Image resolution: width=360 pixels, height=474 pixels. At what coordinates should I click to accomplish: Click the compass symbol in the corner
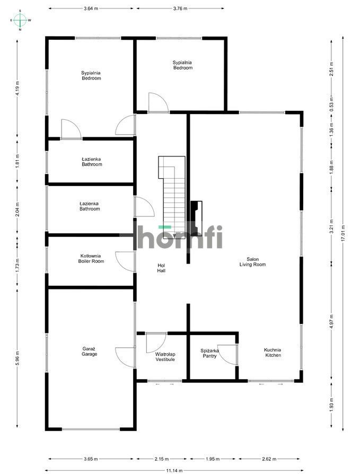(x=20, y=20)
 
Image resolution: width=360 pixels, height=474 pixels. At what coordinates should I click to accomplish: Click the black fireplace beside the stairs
(x=196, y=218)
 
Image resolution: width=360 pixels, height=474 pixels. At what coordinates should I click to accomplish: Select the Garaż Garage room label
(x=89, y=351)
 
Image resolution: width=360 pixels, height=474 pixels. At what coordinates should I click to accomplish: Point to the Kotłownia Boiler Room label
(x=91, y=258)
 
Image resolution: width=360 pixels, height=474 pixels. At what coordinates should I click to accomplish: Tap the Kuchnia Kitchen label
(x=273, y=352)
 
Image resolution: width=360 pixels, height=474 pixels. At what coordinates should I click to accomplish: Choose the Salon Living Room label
(x=252, y=261)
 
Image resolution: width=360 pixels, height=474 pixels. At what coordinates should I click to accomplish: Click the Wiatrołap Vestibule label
(x=165, y=356)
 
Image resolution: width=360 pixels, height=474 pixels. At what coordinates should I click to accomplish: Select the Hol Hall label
(x=161, y=268)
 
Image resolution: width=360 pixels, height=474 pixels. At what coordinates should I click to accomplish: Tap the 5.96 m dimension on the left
(x=17, y=359)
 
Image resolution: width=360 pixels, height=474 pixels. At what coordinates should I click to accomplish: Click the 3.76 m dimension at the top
(x=180, y=8)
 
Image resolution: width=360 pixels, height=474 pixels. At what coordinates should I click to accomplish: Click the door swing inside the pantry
(x=227, y=354)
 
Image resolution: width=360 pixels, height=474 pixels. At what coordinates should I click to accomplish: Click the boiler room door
(x=126, y=261)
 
